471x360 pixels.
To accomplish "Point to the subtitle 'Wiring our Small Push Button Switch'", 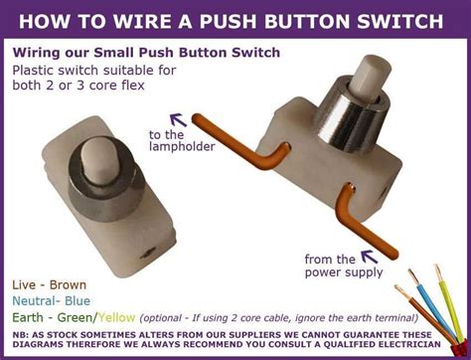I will (x=146, y=52).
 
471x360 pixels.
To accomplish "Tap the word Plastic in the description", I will (x=37, y=70).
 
